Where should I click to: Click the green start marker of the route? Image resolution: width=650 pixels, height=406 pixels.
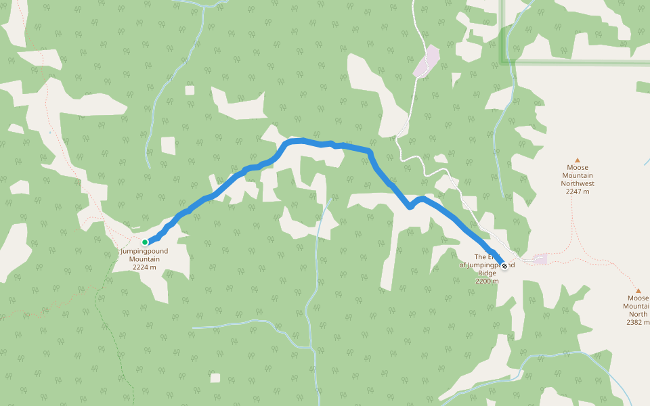pos(145,242)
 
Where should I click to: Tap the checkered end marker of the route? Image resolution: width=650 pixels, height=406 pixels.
pos(504,266)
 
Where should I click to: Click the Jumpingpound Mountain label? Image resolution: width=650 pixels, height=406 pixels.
pos(144,255)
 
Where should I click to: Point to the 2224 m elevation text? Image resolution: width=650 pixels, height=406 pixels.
pos(144,267)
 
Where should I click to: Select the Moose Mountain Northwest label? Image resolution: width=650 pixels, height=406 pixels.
pos(578,175)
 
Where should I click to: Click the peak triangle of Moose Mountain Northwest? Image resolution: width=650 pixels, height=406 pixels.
pos(578,160)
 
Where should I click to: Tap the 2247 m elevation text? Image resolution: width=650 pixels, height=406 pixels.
pos(578,191)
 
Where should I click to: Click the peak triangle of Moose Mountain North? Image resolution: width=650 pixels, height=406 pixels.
pos(638,291)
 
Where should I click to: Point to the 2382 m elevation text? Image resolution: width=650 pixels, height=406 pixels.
pos(638,323)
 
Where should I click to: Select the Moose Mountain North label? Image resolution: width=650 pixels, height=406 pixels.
pos(638,306)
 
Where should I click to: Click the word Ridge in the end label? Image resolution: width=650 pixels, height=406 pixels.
pos(487,273)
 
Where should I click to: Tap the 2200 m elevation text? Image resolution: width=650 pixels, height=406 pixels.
pos(487,281)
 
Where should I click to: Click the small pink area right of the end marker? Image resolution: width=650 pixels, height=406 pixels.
pos(540,258)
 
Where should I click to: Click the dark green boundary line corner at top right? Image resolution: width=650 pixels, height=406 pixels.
pos(503,62)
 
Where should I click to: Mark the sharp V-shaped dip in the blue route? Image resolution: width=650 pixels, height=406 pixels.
pos(410,207)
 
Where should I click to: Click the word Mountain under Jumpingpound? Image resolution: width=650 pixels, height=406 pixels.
pos(144,259)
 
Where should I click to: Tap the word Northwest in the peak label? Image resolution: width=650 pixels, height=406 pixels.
pos(578,183)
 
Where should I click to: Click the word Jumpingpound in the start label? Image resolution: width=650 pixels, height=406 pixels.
pos(144,251)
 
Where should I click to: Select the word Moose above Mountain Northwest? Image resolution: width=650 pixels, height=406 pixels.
pos(578,168)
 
